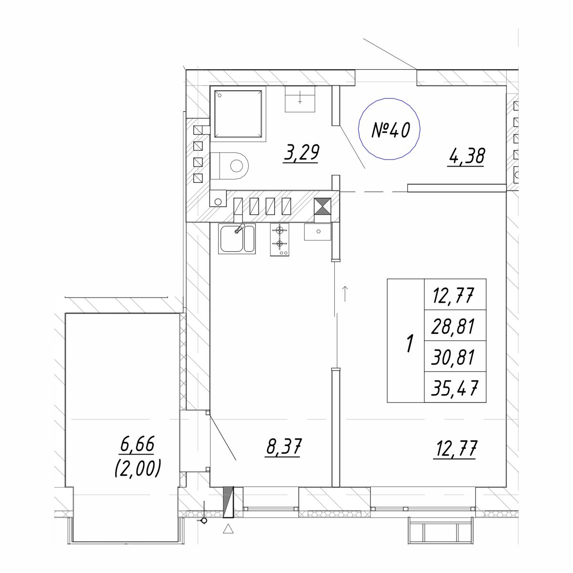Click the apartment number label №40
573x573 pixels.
(x=391, y=130)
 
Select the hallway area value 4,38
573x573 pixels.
(x=467, y=156)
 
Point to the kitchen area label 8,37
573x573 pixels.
(x=284, y=446)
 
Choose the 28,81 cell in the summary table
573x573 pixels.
(x=453, y=326)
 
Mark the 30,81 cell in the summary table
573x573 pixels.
(x=453, y=357)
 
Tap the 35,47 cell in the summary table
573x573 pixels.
(x=455, y=388)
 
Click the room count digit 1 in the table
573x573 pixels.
(x=410, y=343)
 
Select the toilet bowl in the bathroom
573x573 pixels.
(x=229, y=166)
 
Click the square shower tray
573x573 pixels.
(x=238, y=114)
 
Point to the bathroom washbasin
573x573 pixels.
(x=300, y=99)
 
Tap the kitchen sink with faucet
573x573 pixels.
(x=237, y=238)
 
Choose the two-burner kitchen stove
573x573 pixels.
(x=279, y=239)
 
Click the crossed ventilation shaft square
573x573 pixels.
(x=322, y=206)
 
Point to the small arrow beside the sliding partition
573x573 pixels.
(x=345, y=294)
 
